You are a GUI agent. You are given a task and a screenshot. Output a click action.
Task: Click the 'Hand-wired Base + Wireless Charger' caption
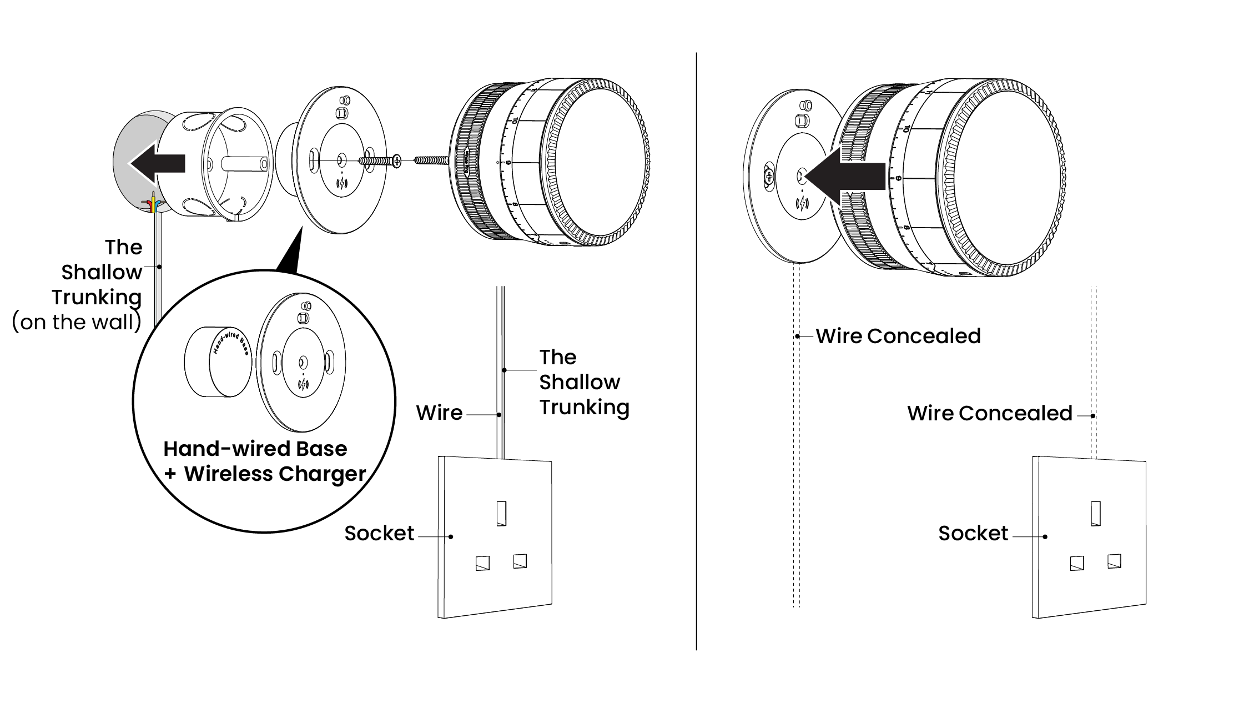264,461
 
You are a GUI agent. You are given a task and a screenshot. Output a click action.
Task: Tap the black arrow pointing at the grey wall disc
158,163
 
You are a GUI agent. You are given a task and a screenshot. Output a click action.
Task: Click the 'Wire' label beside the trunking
439,413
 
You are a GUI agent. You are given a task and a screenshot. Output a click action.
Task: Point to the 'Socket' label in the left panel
379,534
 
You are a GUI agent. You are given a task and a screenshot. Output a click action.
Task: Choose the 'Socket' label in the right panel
973,534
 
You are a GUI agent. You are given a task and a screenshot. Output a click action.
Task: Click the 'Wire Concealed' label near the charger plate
898,336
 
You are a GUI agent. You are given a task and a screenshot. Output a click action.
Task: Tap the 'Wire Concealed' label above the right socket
990,413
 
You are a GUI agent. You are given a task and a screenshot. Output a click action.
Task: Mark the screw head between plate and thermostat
396,161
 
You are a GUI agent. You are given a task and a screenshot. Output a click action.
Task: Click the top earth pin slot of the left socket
501,514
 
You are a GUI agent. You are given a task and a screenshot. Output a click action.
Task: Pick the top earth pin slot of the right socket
1096,514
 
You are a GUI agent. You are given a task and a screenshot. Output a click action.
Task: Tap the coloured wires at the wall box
153,204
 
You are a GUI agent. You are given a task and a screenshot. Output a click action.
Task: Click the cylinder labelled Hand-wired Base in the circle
218,361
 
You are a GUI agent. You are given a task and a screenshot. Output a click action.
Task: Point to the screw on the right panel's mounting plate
769,177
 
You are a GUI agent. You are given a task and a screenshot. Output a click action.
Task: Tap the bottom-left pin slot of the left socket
482,563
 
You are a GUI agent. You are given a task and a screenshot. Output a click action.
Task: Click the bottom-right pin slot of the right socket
1114,561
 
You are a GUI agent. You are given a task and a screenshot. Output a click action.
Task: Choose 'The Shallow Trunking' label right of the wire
584,382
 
